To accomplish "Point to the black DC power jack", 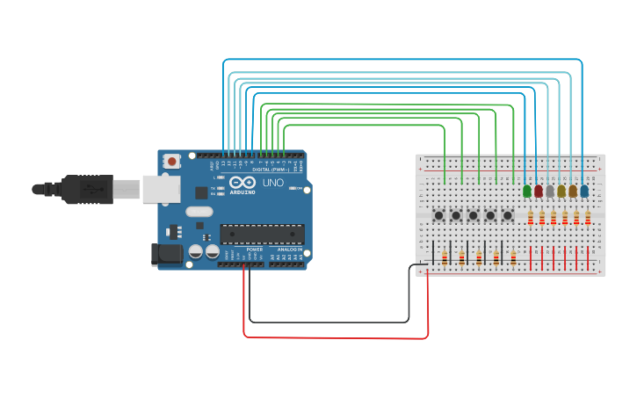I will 166,255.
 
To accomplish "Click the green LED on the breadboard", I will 527,191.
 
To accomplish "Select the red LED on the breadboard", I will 539,191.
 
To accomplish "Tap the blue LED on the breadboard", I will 584,191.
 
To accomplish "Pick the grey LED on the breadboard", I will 550,191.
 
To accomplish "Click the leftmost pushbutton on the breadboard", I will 438,215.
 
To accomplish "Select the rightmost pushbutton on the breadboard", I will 507,215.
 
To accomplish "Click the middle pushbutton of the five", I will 473,215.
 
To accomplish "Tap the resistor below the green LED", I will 531,218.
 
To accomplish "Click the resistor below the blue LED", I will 588,218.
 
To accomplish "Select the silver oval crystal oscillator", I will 199,211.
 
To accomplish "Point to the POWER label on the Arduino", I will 254,250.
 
